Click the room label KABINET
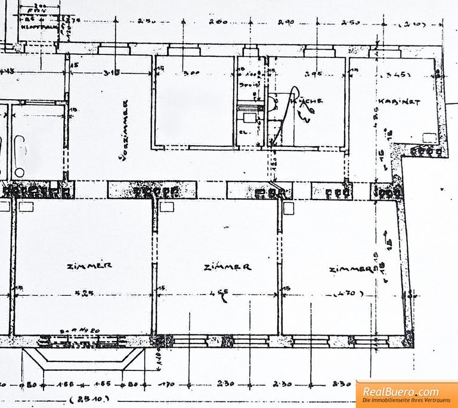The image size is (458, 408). pos(405,102)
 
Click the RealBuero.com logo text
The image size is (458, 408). pos(400,392)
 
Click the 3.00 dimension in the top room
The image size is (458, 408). pos(192,74)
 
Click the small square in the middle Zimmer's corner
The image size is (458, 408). pos(166,207)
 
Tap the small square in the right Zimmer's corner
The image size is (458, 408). pos(289,207)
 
